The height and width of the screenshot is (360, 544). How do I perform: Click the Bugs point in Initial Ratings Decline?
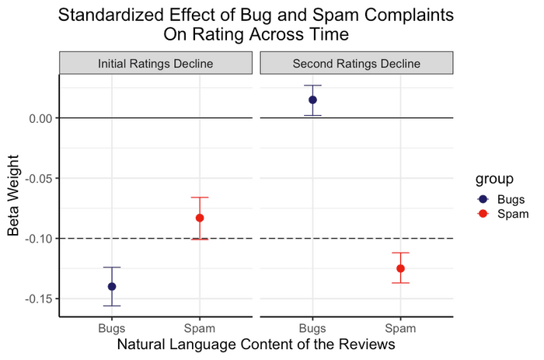[112, 286]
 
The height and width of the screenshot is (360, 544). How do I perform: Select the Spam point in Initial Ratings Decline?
[200, 218]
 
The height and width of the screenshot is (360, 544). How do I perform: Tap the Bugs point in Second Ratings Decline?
[312, 100]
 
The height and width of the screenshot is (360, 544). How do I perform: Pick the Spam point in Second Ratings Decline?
[400, 268]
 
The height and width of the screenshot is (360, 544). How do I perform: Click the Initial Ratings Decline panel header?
[156, 63]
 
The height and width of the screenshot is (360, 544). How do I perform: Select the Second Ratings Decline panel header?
[356, 63]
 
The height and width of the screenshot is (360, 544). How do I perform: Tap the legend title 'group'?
[495, 180]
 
